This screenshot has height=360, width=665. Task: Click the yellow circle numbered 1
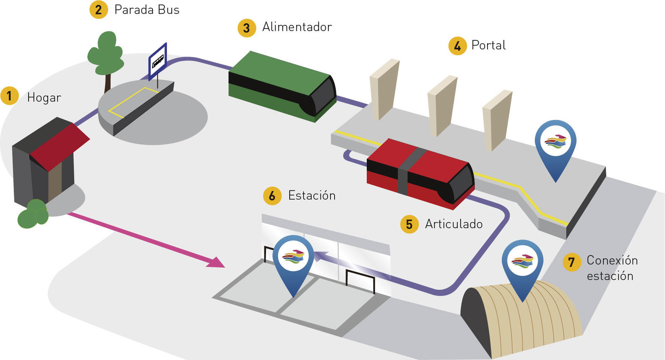point(9,96)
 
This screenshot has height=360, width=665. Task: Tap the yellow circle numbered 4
point(458,46)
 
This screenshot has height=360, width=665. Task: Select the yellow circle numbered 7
point(571,262)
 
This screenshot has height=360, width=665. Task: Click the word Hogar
point(44,98)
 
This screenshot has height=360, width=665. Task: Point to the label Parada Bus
point(147,10)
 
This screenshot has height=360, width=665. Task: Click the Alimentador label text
point(297,27)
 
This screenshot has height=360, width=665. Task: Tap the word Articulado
point(453,224)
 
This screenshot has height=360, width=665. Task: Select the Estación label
point(312,196)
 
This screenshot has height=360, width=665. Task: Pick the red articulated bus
point(420,173)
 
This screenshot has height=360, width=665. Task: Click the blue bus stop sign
point(158,61)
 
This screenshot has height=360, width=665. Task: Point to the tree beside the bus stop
point(106,56)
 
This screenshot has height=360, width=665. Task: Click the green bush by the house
point(33,214)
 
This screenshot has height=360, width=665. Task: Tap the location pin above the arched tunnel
point(522,264)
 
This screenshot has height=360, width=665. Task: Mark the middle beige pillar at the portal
point(441,106)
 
